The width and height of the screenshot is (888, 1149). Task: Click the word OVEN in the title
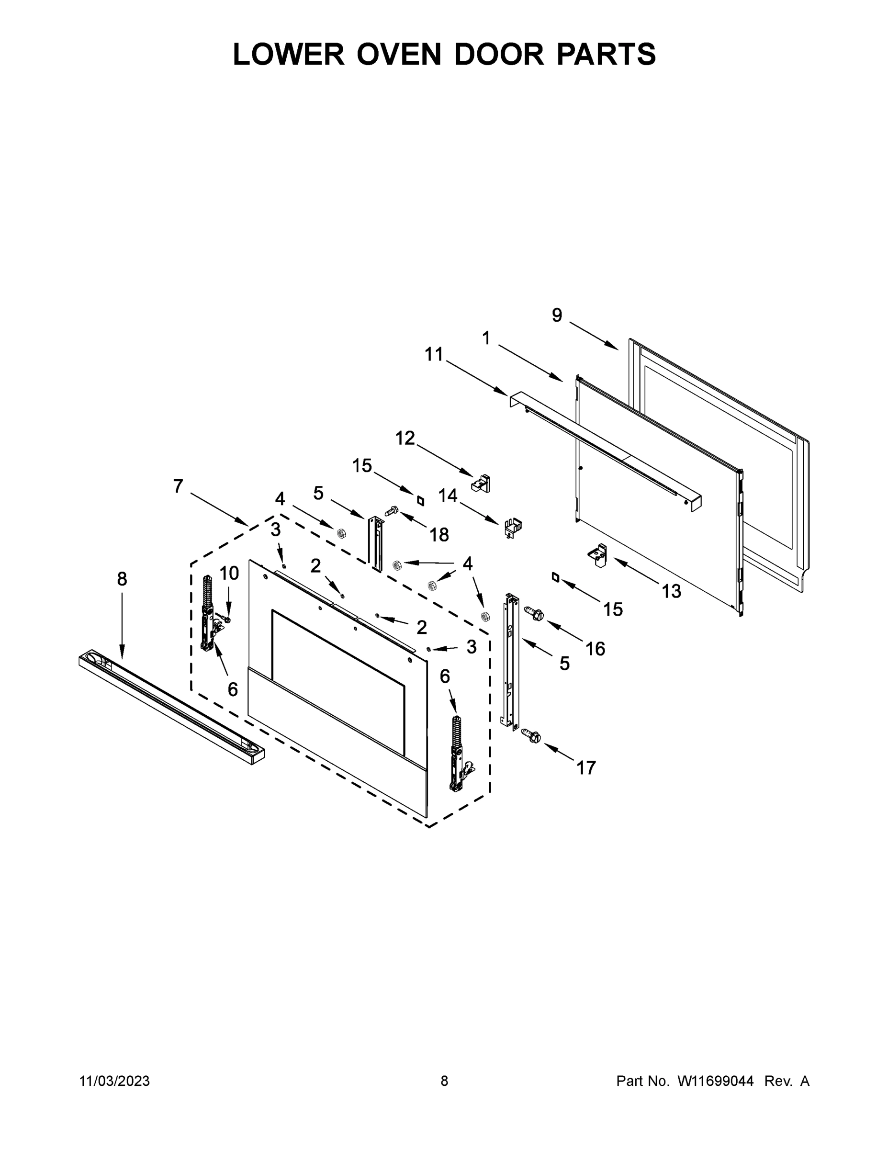398,54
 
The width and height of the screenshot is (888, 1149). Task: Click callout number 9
557,315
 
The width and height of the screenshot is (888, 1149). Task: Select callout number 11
434,355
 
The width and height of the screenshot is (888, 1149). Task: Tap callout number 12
405,438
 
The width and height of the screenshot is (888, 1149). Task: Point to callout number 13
671,591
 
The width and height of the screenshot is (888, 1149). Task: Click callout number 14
448,496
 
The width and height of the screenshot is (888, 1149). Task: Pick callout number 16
596,649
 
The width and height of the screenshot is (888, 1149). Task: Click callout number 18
439,535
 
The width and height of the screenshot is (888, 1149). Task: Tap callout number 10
229,573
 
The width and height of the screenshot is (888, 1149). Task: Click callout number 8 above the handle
122,579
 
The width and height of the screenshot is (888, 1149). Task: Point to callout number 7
179,486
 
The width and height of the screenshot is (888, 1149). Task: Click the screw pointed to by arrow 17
531,736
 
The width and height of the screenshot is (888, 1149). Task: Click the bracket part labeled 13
598,555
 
